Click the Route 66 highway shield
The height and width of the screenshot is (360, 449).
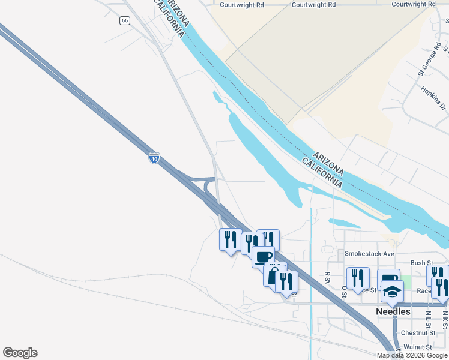(124, 20)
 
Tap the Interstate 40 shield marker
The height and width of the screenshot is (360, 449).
(154, 159)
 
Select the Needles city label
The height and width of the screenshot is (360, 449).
(393, 311)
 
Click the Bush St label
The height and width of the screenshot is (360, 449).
(421, 263)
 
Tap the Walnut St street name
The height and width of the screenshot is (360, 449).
(418, 347)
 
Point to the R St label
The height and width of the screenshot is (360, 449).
(328, 277)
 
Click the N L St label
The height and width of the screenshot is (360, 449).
(428, 316)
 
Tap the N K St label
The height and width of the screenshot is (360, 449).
(445, 316)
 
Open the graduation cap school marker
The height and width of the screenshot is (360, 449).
(392, 292)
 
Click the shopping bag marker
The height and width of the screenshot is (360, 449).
(273, 275)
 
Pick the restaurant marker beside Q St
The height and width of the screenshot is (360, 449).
(358, 278)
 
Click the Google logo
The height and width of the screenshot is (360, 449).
(20, 353)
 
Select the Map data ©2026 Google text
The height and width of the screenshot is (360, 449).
(412, 355)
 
